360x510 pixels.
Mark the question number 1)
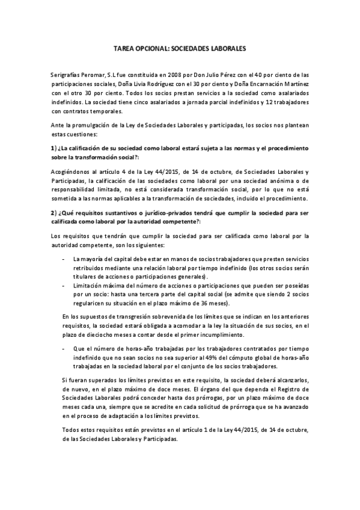click(x=53, y=147)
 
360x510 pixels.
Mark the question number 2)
click(x=53, y=213)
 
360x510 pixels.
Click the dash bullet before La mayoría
click(x=64, y=259)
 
